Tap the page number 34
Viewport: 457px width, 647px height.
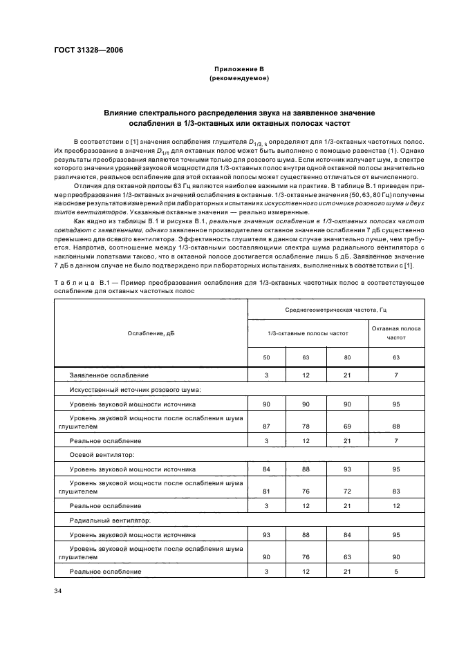(59, 590)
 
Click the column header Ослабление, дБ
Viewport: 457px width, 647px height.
(151, 333)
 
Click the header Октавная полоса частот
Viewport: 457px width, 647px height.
(396, 333)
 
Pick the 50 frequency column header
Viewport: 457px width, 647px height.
(266, 358)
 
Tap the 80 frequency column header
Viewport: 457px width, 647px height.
(347, 358)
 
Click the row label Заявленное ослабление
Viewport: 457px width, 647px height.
(109, 375)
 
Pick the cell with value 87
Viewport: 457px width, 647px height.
(266, 426)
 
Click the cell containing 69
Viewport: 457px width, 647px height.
(347, 426)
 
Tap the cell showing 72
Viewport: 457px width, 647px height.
(347, 491)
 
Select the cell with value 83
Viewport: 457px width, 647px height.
(396, 491)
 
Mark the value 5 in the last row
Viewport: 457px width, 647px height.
(396, 571)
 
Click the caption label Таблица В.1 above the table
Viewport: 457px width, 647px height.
(75, 283)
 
